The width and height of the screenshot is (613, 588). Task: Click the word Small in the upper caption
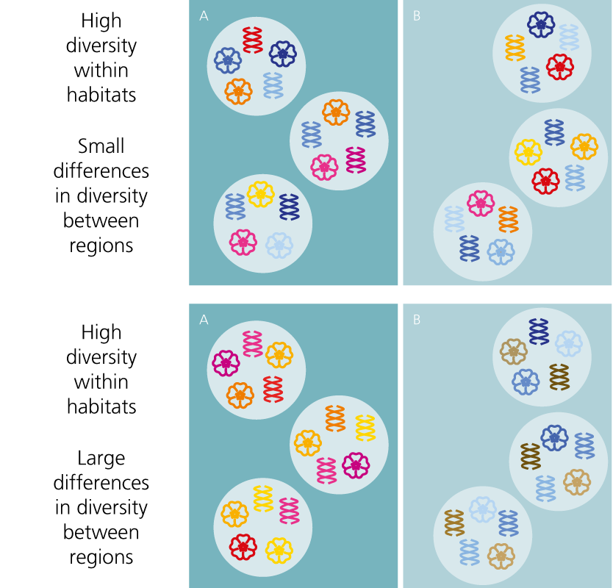101,146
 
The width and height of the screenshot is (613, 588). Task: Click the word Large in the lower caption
101,458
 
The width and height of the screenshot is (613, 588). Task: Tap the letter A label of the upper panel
204,15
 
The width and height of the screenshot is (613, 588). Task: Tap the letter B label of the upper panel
417,15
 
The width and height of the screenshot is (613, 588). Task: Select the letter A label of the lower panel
204,320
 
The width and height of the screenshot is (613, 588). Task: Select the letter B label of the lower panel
417,320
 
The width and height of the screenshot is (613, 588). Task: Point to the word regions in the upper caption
101,245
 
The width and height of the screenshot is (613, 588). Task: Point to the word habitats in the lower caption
101,406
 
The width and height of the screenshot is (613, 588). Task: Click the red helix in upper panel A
253,40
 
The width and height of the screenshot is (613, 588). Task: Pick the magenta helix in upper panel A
356,159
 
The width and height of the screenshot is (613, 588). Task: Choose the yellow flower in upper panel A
260,194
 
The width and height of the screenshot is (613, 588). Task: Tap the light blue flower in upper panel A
279,244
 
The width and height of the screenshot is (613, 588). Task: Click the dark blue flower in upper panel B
541,24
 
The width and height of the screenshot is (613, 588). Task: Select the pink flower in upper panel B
481,203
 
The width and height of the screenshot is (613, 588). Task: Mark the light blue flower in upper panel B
501,252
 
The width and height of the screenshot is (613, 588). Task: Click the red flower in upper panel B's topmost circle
560,67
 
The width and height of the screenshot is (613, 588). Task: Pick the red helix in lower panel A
273,390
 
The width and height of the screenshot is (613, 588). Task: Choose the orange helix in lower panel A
335,418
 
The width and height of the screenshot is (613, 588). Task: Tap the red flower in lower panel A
242,546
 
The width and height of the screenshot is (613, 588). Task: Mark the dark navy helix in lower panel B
539,331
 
